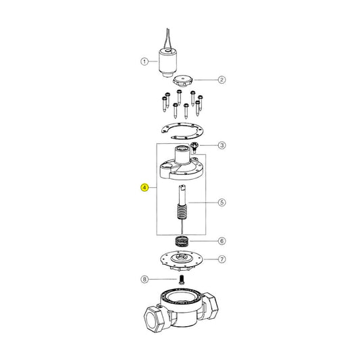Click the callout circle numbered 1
144,61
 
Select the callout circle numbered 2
221,79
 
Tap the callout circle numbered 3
221,145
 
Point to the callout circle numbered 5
221,202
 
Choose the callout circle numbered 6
221,241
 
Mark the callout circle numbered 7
221,259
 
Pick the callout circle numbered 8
144,278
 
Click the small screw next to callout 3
194,146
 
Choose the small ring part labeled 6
181,241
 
